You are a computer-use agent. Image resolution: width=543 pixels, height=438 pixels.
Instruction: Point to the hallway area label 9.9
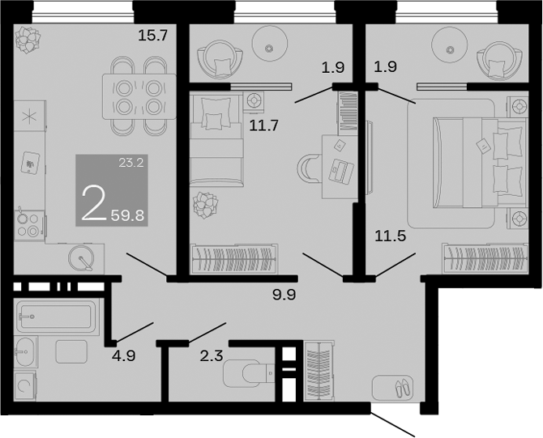(x=284, y=295)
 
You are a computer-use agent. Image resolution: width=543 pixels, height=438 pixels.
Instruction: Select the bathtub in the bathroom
(x=55, y=316)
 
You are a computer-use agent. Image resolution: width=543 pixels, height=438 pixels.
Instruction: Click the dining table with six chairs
(x=135, y=96)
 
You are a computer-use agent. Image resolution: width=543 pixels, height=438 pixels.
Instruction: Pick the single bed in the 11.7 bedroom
(x=216, y=138)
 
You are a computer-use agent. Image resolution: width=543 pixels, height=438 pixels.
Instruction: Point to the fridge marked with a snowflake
(x=29, y=116)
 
